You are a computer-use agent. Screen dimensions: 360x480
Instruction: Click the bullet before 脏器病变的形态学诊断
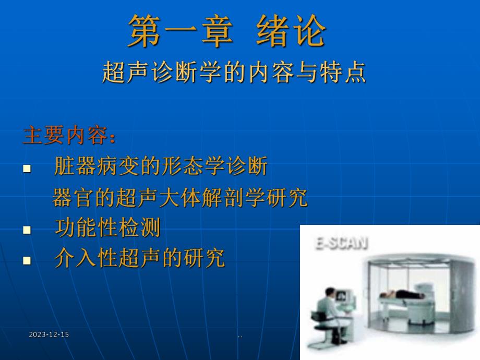27,169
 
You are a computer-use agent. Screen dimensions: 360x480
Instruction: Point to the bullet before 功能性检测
27,230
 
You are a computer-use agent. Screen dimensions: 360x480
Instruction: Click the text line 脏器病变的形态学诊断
161,167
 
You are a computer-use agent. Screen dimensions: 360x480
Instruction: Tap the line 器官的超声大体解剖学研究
180,198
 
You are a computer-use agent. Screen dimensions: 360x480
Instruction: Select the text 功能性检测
107,228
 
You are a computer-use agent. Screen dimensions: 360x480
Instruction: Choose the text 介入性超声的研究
139,258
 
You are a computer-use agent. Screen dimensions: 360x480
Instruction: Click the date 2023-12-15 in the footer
49,334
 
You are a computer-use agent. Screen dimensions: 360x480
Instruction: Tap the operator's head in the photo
330,293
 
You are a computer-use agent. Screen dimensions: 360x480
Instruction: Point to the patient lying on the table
404,296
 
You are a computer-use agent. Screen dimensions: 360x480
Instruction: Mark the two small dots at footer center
240,337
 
